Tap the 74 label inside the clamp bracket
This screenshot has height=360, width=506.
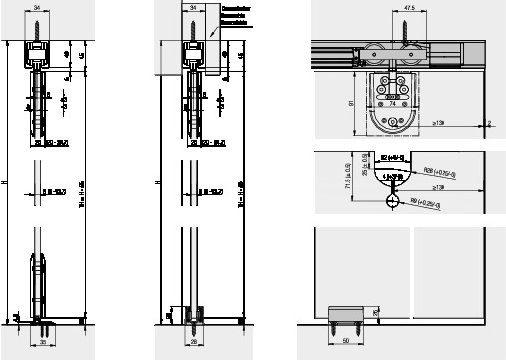[x=392, y=101]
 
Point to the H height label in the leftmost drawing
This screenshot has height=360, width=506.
[x=6, y=182]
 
